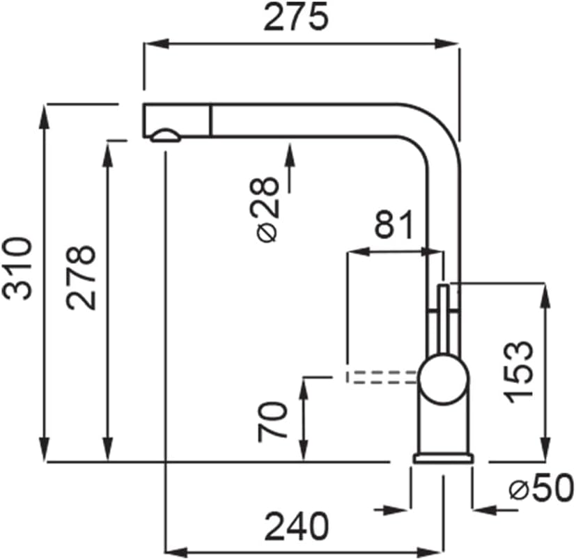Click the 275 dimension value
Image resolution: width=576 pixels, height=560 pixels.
pyautogui.click(x=295, y=17)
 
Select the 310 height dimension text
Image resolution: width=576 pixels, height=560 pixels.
pyautogui.click(x=17, y=269)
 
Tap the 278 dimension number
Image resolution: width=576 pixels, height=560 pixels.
pyautogui.click(x=81, y=277)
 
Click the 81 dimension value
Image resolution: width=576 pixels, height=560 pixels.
pyautogui.click(x=394, y=224)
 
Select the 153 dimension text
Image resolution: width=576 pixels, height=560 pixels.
pyautogui.click(x=518, y=372)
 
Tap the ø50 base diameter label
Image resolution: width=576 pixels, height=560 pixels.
pyautogui.click(x=541, y=488)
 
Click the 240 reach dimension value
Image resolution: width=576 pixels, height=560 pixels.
pyautogui.click(x=297, y=526)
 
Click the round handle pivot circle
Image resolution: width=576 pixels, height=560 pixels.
pyautogui.click(x=444, y=379)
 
